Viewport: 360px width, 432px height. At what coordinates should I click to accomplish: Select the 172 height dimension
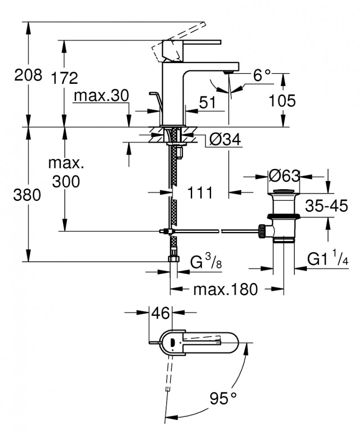coord(64,78)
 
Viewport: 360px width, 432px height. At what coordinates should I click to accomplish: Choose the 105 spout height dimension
coord(282,101)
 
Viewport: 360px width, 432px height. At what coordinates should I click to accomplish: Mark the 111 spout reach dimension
coord(200,193)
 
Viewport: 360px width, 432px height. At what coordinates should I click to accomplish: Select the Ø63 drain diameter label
coord(284,175)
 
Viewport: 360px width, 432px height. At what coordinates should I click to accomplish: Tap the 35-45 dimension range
coord(326,206)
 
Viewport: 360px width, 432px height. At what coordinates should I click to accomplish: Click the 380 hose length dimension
coord(28,195)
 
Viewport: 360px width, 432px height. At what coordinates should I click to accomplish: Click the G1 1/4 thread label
coord(328,259)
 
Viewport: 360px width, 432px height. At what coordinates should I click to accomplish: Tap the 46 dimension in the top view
coord(160,313)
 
